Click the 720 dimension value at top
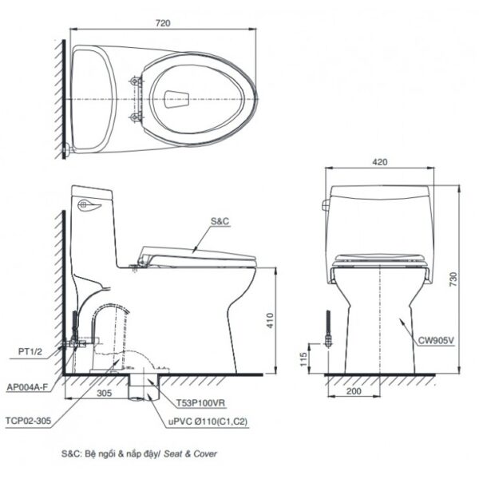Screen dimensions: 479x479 (163, 24)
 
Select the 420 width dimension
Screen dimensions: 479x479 (379, 162)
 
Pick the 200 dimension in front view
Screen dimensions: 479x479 (354, 391)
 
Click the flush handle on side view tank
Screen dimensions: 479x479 (89, 207)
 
